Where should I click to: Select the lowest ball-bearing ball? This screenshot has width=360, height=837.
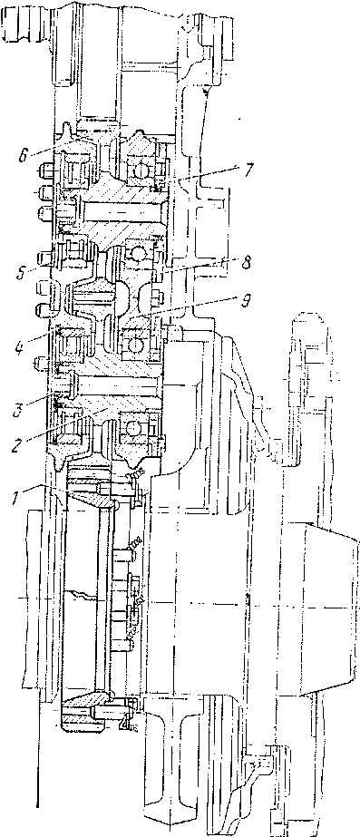pos(133,428)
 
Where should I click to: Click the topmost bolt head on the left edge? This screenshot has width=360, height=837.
pos(47,170)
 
